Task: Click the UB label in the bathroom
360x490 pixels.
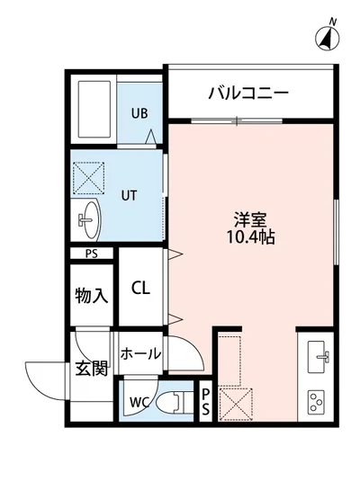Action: [139, 113]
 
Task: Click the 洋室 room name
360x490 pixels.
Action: [249, 219]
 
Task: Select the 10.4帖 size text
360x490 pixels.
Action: [250, 239]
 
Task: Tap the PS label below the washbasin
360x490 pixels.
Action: [91, 254]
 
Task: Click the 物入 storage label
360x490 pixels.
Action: [92, 295]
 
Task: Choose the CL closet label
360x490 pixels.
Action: [141, 289]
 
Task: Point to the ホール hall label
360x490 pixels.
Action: [139, 353]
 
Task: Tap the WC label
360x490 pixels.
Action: [139, 401]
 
